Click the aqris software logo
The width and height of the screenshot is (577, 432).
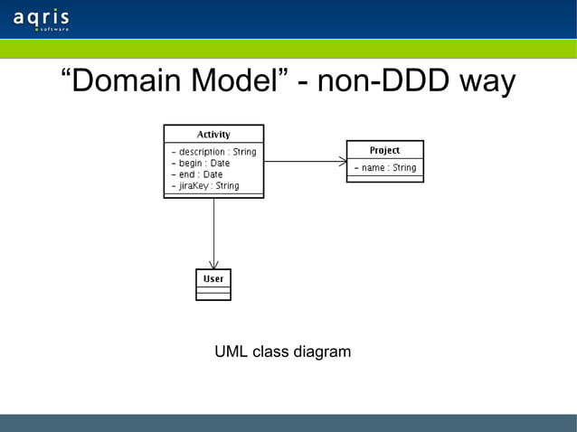click(42, 20)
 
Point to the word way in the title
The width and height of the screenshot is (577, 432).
click(487, 83)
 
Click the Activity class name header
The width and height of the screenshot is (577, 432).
click(213, 135)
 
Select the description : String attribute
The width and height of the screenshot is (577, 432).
click(213, 152)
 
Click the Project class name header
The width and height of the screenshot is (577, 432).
click(384, 150)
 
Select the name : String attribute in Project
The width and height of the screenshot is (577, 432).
click(384, 168)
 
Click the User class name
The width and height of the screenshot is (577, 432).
click(213, 278)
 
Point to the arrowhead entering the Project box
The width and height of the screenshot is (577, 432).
click(343, 162)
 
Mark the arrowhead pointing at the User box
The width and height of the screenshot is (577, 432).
click(213, 264)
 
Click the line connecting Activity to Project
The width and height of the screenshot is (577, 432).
click(303, 162)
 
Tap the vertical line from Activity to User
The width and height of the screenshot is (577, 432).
click(213, 230)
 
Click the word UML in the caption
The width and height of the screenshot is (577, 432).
click(231, 352)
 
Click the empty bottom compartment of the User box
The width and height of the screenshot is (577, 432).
click(213, 296)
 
